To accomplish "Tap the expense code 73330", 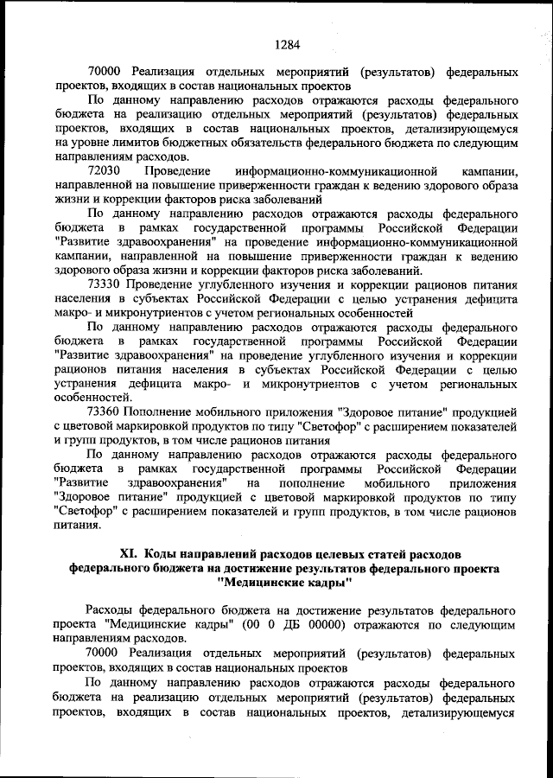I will [x=106, y=284].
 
